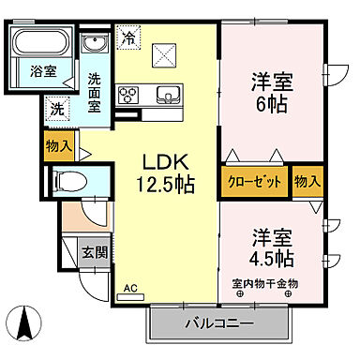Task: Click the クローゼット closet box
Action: point(254,179)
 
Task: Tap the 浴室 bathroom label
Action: point(40,71)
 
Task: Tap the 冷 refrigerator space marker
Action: point(128,39)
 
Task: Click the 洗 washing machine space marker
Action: point(58,109)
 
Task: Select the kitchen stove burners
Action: point(129,94)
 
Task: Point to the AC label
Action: point(130,290)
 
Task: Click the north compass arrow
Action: point(26,324)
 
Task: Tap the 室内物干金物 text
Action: point(265,283)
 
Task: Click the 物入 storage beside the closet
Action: point(306,179)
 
